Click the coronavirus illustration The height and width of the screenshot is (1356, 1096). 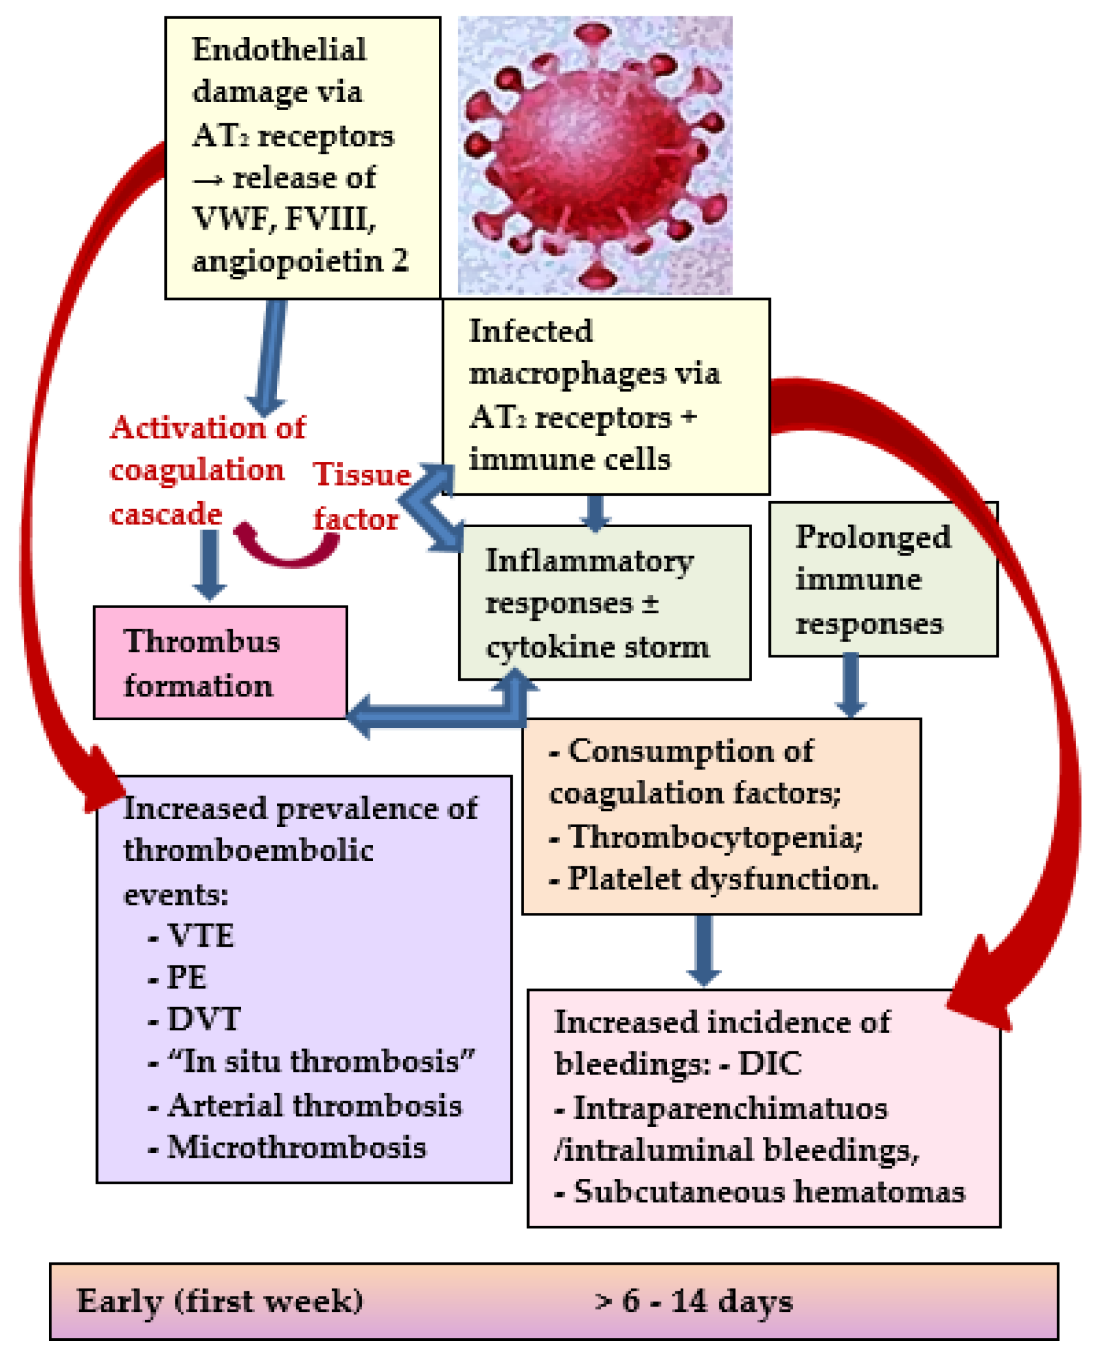pyautogui.click(x=595, y=155)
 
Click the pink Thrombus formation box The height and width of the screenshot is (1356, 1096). pyautogui.click(x=219, y=662)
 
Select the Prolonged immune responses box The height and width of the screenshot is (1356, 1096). pyautogui.click(x=883, y=579)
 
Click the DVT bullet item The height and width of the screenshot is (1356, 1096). pyautogui.click(x=203, y=1018)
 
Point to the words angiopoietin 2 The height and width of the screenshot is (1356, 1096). pyautogui.click(x=300, y=261)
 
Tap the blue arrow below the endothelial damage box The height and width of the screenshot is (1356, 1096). pyautogui.click(x=268, y=357)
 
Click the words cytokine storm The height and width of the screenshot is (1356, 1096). pyautogui.click(x=597, y=647)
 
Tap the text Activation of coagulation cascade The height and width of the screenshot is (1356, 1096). pyautogui.click(x=202, y=470)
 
